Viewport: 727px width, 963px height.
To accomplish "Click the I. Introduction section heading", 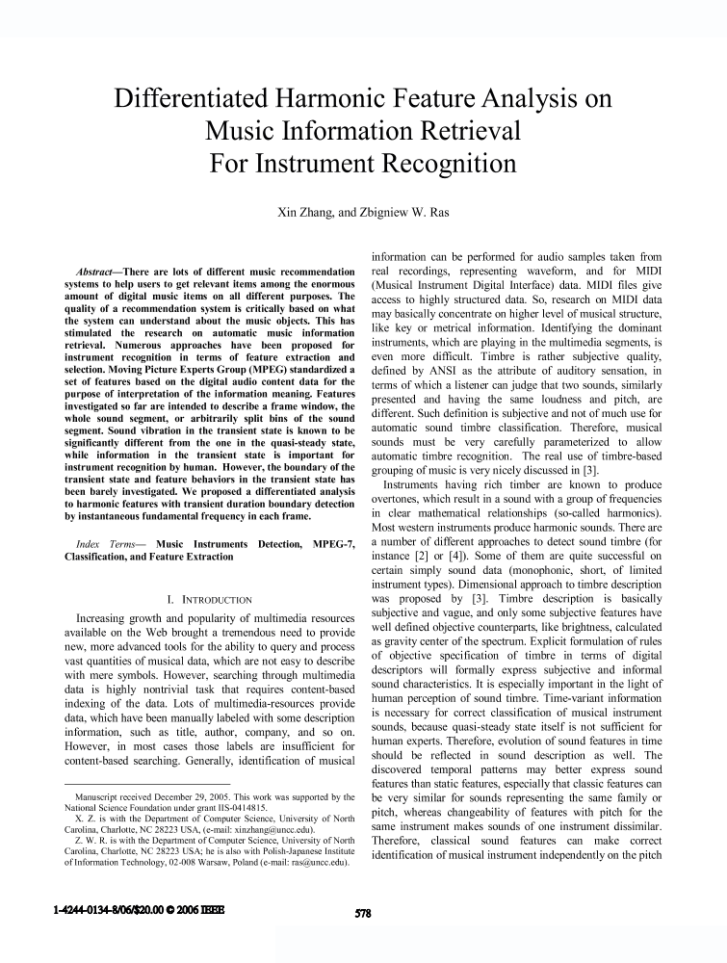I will pos(209,599).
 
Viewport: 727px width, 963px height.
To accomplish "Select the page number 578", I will pos(363,914).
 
